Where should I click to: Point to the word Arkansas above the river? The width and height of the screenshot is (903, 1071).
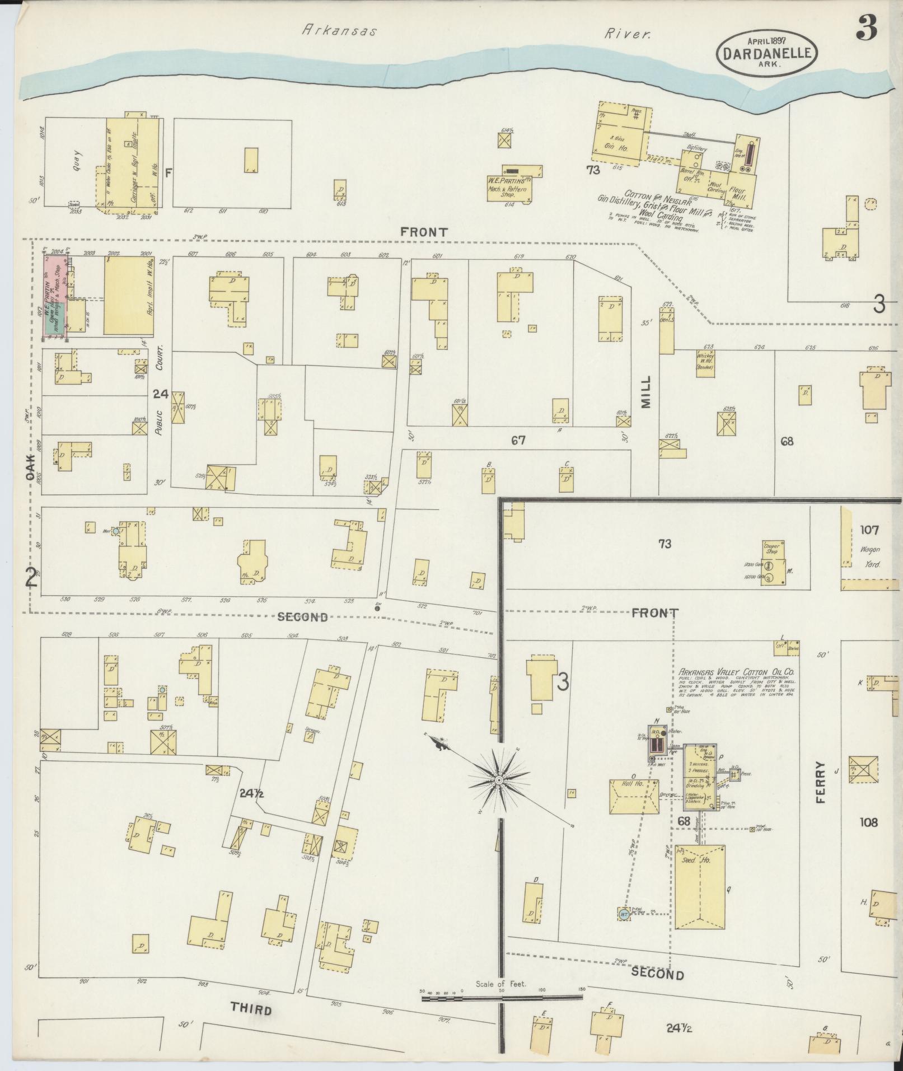(339, 31)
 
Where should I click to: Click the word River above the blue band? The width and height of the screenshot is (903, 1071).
(628, 34)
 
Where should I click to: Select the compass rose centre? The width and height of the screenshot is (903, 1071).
(498, 780)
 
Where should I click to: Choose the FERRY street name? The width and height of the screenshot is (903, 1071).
(821, 782)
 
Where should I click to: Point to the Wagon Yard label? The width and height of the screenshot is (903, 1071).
(870, 556)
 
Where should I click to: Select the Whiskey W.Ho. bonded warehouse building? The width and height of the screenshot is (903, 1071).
(704, 361)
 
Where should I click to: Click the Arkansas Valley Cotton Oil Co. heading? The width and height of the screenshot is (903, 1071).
(738, 672)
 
